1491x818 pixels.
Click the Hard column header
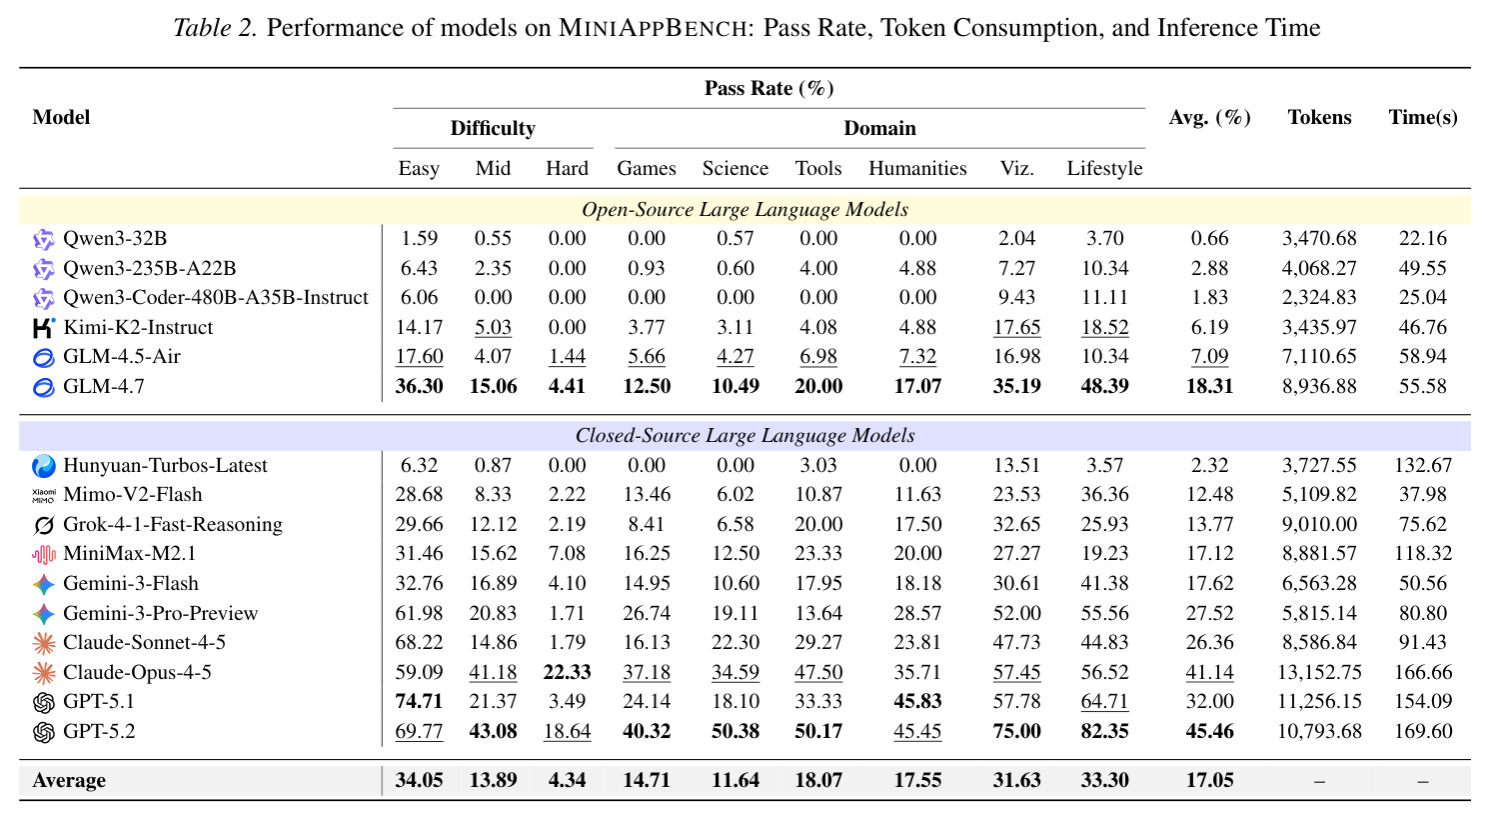(567, 168)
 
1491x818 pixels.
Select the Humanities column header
(917, 168)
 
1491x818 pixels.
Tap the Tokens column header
(1319, 117)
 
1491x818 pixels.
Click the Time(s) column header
(1423, 117)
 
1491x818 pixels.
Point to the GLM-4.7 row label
(103, 386)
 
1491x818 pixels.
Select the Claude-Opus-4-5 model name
(137, 672)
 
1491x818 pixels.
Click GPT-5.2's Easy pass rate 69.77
(419, 731)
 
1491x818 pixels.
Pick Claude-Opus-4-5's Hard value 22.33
(567, 672)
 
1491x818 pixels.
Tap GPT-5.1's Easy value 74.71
(419, 701)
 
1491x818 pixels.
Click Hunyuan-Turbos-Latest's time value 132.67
(1423, 465)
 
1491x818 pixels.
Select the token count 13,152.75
(1319, 672)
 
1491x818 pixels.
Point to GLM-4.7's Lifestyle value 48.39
(1104, 386)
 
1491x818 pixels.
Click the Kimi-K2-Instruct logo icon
(43, 328)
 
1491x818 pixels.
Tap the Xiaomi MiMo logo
(43, 495)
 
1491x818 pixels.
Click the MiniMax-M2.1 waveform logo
(43, 554)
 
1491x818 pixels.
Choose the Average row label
(69, 780)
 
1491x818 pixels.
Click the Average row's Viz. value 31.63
(1016, 780)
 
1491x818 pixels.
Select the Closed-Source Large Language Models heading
(745, 436)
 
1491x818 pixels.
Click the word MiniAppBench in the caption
(653, 28)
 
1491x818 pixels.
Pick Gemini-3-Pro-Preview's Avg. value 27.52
(1209, 613)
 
